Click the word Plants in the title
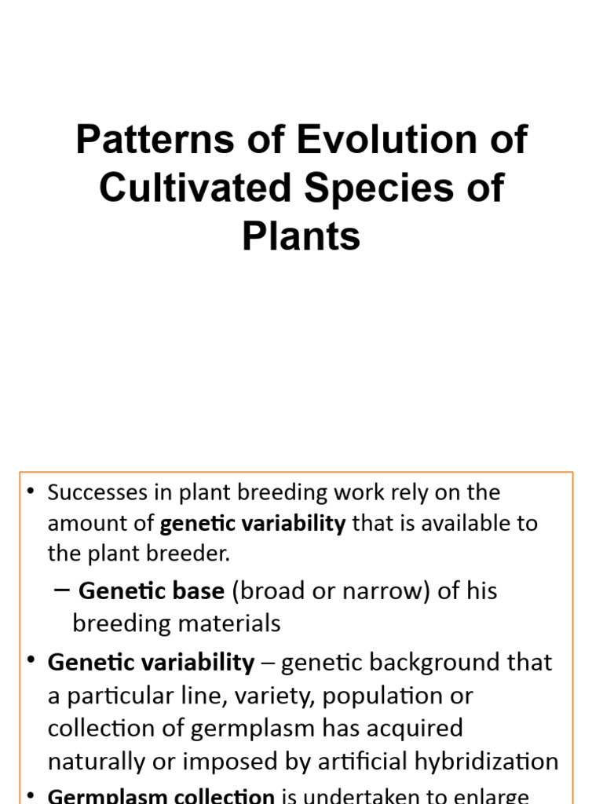click(301, 236)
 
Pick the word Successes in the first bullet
click(98, 492)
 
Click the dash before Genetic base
click(65, 590)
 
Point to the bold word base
click(200, 590)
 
